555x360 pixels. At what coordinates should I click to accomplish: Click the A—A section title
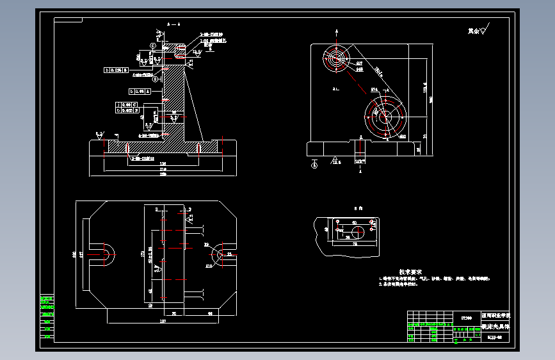173,24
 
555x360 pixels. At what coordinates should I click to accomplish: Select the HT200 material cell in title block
467,317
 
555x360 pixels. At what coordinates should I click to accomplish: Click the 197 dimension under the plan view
163,320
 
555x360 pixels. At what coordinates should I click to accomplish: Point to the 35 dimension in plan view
174,313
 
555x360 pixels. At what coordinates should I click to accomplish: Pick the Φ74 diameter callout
374,90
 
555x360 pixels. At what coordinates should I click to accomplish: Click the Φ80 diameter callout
403,137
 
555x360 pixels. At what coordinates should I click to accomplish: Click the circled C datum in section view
153,45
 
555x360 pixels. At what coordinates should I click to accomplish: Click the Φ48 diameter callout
360,69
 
